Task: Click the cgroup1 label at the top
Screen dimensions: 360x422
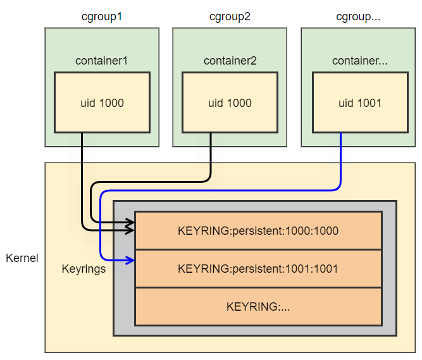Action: click(102, 16)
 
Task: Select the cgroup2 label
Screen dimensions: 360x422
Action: click(230, 16)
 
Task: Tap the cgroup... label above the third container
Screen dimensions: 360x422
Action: click(358, 16)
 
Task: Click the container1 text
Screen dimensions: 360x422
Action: click(102, 61)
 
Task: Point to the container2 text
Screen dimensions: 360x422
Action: click(230, 61)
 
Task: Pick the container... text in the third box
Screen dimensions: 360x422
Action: click(358, 61)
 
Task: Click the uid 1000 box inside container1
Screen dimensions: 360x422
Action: click(102, 102)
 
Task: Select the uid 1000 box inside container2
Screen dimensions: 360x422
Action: click(230, 102)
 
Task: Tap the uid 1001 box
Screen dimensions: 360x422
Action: click(358, 102)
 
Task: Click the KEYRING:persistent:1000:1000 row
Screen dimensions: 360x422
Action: click(258, 231)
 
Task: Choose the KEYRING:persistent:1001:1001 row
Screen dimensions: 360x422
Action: click(258, 268)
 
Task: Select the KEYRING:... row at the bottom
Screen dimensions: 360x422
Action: click(258, 307)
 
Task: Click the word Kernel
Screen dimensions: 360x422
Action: click(22, 258)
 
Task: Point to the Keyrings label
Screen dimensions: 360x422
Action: click(84, 268)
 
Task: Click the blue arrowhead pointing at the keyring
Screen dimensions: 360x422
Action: click(130, 259)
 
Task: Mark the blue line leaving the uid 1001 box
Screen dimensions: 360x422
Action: click(341, 158)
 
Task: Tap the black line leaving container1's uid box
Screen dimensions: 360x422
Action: click(82, 177)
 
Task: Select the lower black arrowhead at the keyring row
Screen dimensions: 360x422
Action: click(130, 230)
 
